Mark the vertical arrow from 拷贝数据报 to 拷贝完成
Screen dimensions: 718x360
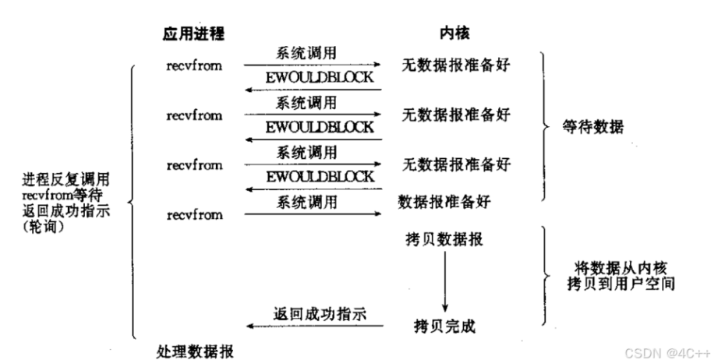(445, 281)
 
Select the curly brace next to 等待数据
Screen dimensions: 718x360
(545, 126)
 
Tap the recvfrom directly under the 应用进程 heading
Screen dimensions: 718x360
(193, 65)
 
